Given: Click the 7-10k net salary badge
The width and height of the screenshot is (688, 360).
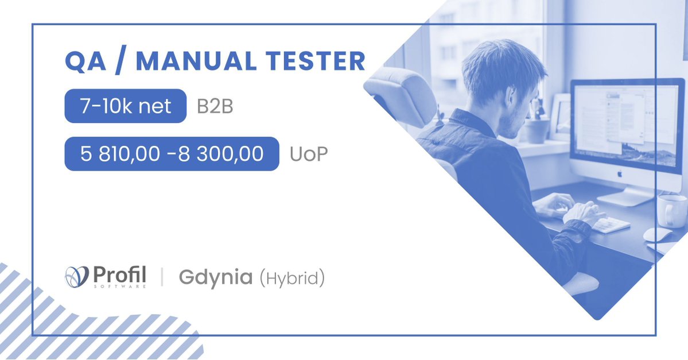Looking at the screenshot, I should coord(125,106).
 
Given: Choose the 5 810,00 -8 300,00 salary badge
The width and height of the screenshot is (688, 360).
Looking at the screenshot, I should coord(172,154).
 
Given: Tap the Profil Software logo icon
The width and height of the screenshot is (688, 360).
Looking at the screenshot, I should coord(77,277).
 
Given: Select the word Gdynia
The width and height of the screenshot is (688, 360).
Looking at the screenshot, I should coord(215,277).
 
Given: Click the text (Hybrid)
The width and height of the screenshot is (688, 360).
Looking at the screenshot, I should coord(292,278).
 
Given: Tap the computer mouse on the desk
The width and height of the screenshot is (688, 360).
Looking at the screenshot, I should coord(656,234).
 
